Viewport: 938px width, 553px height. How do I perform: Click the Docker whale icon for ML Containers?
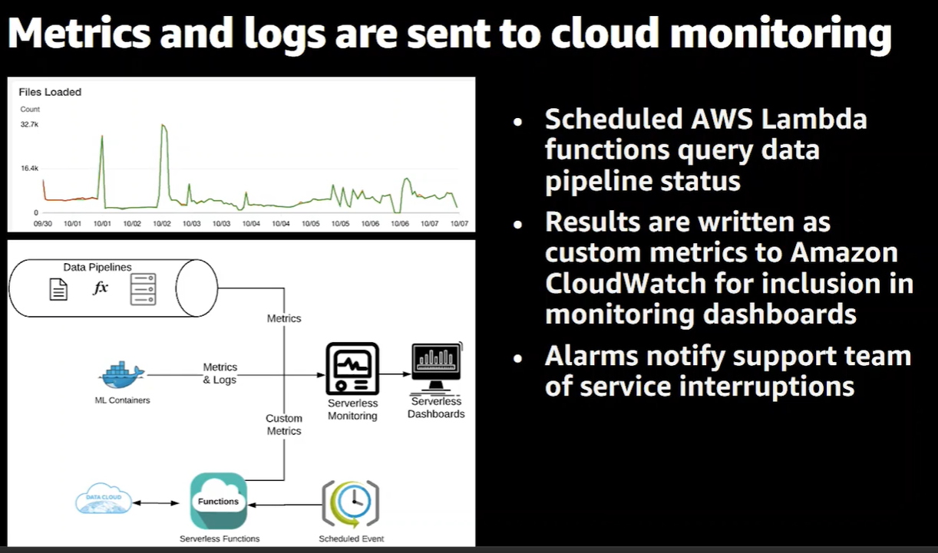pyautogui.click(x=122, y=375)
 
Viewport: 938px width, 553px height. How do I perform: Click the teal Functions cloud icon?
pyautogui.click(x=219, y=501)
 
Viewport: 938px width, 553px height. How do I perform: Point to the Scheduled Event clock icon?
pyautogui.click(x=351, y=504)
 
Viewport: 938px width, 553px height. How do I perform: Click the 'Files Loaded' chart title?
pyautogui.click(x=50, y=92)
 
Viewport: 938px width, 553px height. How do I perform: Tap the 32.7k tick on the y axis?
pyautogui.click(x=29, y=124)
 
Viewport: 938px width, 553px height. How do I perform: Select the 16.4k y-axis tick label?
pyautogui.click(x=29, y=168)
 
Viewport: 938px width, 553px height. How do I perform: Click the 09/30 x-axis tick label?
pyautogui.click(x=42, y=223)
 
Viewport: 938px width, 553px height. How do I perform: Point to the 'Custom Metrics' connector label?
pyautogui.click(x=284, y=425)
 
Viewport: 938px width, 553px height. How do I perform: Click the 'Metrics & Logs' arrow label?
pyautogui.click(x=220, y=374)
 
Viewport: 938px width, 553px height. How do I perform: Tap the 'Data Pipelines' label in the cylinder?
pyautogui.click(x=97, y=268)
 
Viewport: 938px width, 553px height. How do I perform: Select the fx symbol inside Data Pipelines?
pyautogui.click(x=101, y=288)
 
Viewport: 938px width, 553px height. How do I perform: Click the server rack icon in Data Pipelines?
pyautogui.click(x=144, y=289)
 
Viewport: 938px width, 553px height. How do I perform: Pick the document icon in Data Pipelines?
pyautogui.click(x=58, y=289)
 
